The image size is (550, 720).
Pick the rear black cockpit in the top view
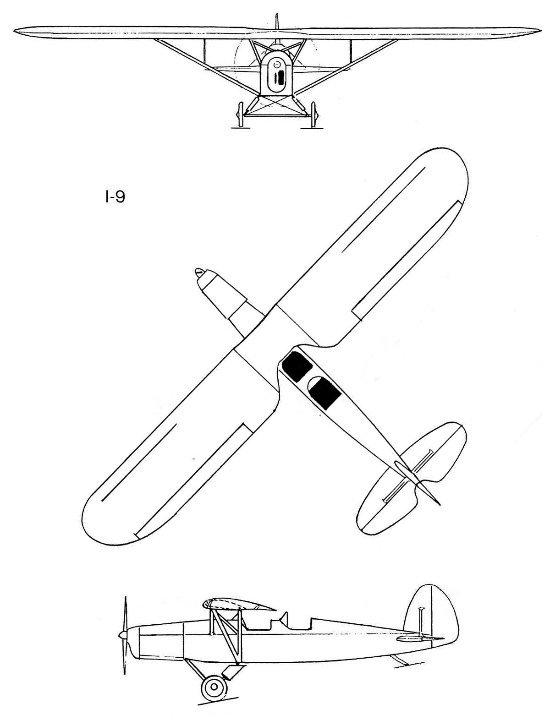coord(325,393)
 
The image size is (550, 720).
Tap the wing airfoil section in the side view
coord(239,604)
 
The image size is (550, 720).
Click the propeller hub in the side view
coord(123,635)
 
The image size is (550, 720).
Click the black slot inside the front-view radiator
coord(280,78)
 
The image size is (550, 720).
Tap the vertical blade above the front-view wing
coord(277,21)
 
